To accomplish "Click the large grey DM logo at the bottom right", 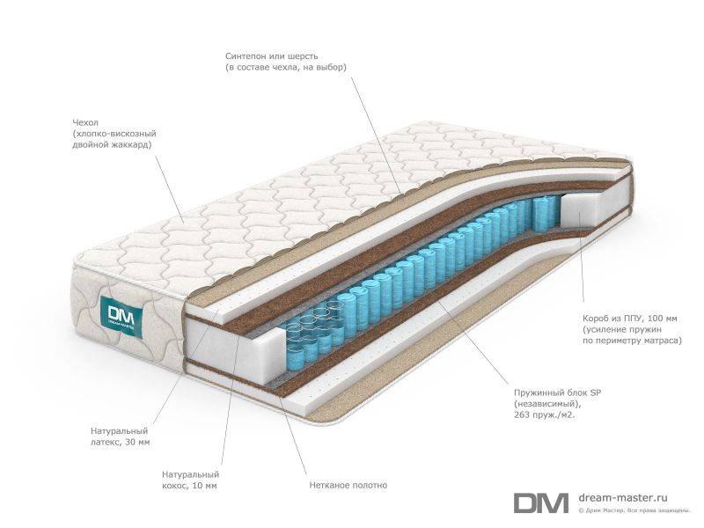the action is coord(540,502).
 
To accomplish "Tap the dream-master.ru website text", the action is coord(623,498).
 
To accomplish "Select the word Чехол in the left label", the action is coord(85,122).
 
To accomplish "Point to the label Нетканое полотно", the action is coord(348,485).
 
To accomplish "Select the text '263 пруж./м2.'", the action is coord(545,414).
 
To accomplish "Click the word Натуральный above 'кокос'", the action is coord(190,474).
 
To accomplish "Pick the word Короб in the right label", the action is coord(597,319).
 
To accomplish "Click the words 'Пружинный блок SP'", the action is coord(557,392).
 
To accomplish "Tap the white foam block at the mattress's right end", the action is coord(583,210).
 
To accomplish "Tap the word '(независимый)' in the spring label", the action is coord(547,404).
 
